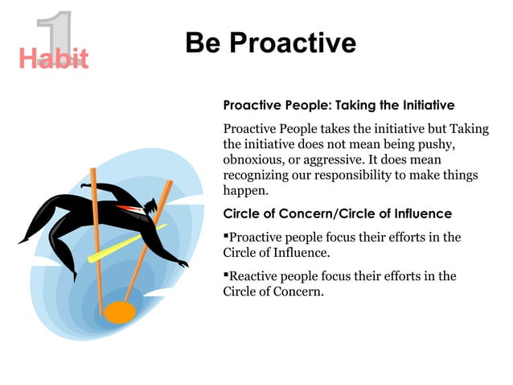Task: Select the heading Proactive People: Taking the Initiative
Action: pyautogui.click(x=338, y=106)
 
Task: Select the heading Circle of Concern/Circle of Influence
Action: pyautogui.click(x=337, y=213)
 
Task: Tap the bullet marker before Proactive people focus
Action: pyautogui.click(x=226, y=237)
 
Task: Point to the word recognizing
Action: pyautogui.click(x=256, y=175)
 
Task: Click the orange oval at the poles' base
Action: pyautogui.click(x=120, y=312)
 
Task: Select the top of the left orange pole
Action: pyautogui.click(x=93, y=172)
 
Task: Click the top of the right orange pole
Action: pyautogui.click(x=169, y=183)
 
